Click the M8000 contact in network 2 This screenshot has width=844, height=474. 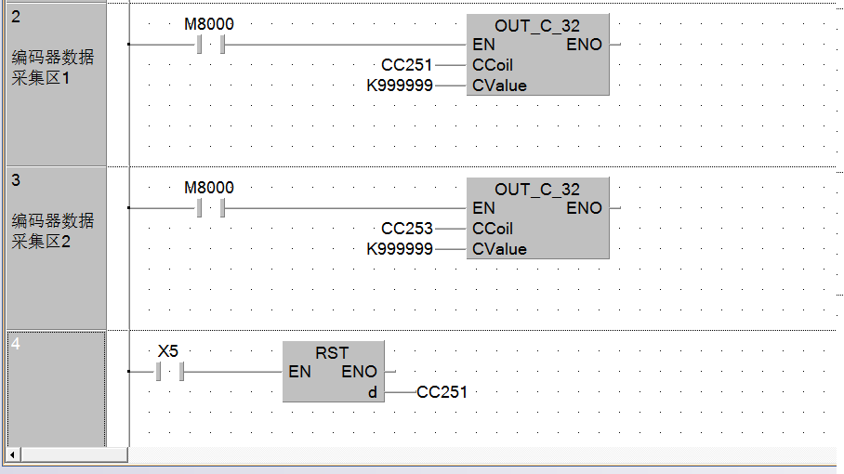coord(210,45)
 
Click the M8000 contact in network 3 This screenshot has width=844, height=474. coord(210,208)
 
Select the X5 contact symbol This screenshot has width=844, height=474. coord(168,372)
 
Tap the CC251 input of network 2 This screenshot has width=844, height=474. coord(406,65)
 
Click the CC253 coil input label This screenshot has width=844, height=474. coord(406,229)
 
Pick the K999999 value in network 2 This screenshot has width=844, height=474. coord(400,86)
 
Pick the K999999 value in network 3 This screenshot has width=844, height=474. coord(400,249)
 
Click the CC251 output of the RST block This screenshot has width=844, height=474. coord(442,392)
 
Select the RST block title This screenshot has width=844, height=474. coord(332,353)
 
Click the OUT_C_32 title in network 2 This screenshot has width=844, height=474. coord(537,26)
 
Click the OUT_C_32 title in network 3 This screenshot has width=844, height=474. coord(537,190)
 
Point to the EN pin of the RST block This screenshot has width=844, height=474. coord(299,373)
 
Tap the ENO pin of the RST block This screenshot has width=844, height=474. coord(360,373)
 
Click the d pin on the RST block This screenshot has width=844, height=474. coord(373,392)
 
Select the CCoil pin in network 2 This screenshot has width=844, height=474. coord(492,65)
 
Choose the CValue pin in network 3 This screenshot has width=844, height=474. coord(499,249)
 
